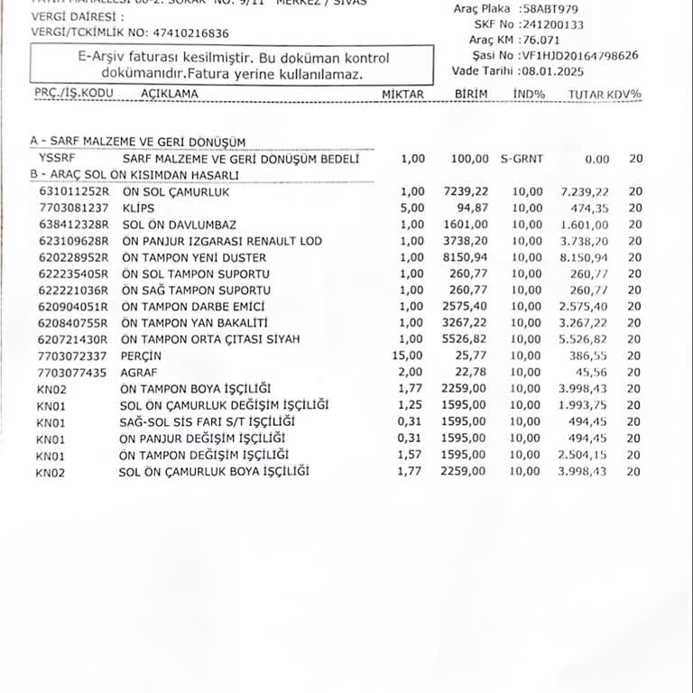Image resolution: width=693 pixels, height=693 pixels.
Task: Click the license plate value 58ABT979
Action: pyautogui.click(x=551, y=8)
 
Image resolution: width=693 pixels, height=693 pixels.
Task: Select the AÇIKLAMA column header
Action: pyautogui.click(x=170, y=93)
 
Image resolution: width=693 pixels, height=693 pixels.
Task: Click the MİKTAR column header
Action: pyautogui.click(x=402, y=94)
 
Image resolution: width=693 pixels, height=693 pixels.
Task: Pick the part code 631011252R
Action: pyautogui.click(x=73, y=192)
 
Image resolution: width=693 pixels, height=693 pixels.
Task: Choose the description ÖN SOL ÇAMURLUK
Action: pyautogui.click(x=176, y=192)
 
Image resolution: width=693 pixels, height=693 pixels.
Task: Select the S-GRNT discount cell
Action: pyautogui.click(x=522, y=159)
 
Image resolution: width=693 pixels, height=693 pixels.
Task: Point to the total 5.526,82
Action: pyautogui.click(x=585, y=339)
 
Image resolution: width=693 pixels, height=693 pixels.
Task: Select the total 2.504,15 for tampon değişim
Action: pyautogui.click(x=585, y=454)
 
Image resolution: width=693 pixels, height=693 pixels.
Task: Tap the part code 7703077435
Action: pyautogui.click(x=73, y=372)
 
